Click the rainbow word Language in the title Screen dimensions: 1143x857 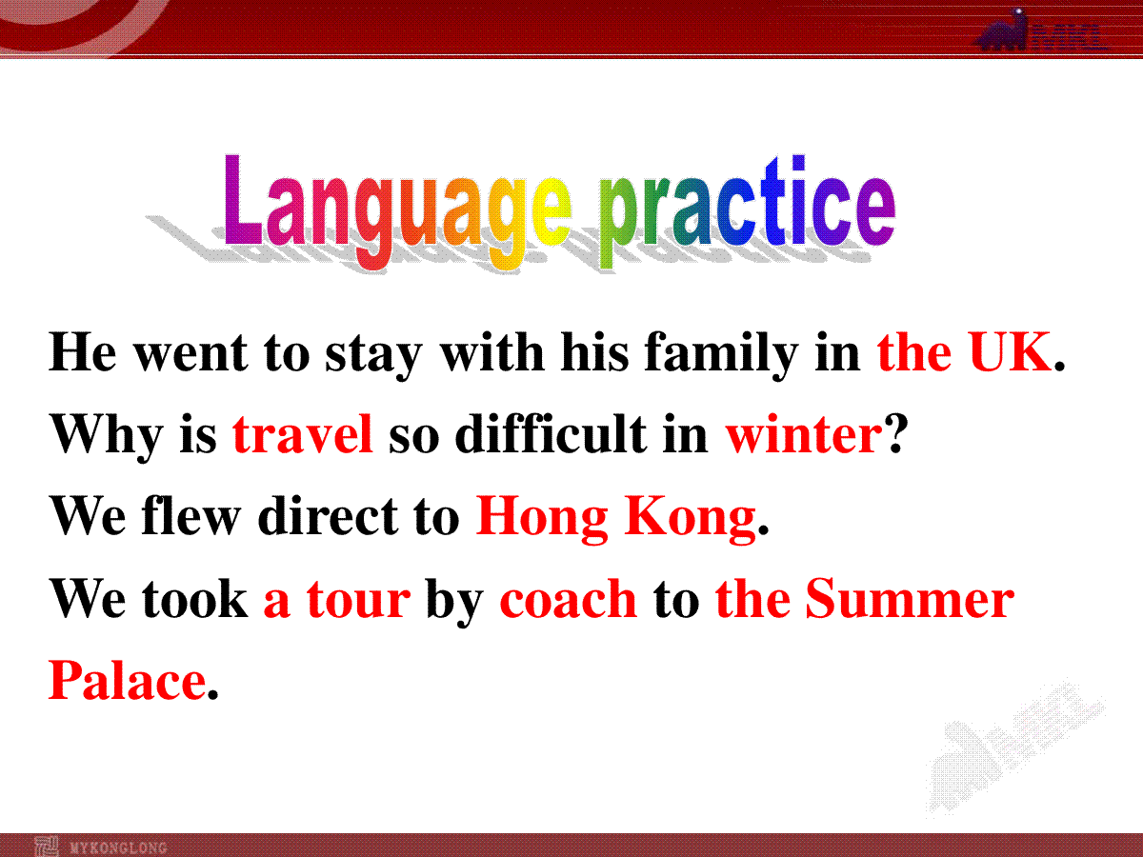click(398, 210)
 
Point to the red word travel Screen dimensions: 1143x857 click(303, 433)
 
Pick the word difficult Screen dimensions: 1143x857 click(551, 433)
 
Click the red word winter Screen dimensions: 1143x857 click(804, 434)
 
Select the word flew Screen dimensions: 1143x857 click(190, 514)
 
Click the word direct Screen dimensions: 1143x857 click(328, 514)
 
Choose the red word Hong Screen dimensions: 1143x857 click(542, 518)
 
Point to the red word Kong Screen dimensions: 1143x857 click(691, 518)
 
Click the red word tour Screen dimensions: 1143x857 click(358, 598)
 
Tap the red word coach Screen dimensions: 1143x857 click(568, 597)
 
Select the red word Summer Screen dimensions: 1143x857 click(910, 597)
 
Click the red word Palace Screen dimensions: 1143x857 click(127, 679)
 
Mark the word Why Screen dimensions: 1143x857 click(106, 436)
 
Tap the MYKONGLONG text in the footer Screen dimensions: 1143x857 click(119, 847)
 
